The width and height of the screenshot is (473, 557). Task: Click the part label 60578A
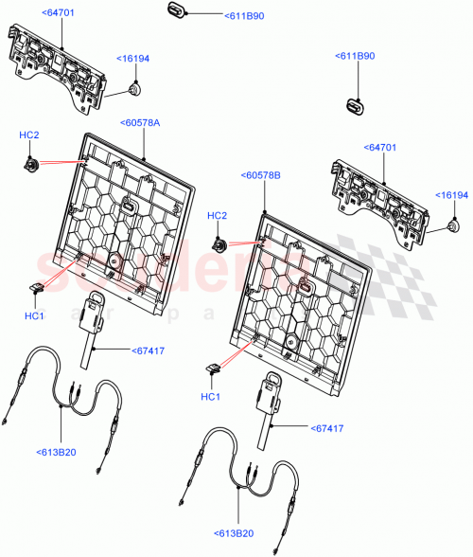140,122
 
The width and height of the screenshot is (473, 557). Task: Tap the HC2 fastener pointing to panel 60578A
30,166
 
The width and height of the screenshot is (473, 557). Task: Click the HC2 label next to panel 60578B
218,217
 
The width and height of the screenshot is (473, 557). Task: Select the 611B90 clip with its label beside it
176,10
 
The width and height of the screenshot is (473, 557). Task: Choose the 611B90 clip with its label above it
355,107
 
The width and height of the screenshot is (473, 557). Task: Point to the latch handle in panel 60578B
306,284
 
